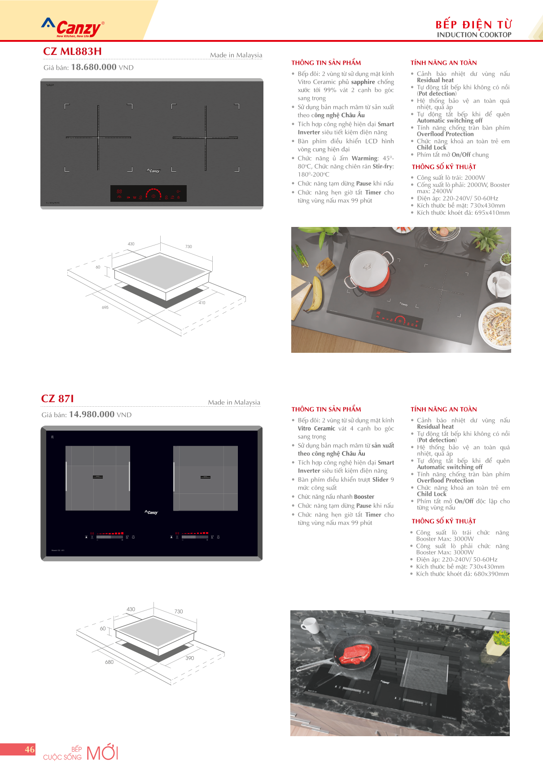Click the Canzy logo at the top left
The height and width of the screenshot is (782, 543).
73,28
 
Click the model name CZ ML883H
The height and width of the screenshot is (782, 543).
72,51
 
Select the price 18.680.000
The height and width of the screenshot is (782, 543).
94,67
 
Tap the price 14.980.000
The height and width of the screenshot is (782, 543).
92,414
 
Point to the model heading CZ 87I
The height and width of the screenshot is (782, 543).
57,399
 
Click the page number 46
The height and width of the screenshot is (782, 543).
30,749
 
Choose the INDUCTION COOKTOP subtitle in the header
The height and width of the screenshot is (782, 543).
474,35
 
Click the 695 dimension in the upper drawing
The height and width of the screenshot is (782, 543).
105,307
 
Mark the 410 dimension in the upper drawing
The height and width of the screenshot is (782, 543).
202,302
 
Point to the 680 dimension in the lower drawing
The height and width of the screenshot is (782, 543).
109,662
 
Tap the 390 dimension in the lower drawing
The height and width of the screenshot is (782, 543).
190,658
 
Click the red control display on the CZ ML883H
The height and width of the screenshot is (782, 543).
149,194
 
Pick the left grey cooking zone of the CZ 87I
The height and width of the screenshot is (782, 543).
98,478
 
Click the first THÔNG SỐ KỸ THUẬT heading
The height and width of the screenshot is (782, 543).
444,167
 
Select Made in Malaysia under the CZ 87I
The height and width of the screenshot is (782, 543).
234,402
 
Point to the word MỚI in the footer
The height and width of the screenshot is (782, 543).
102,753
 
